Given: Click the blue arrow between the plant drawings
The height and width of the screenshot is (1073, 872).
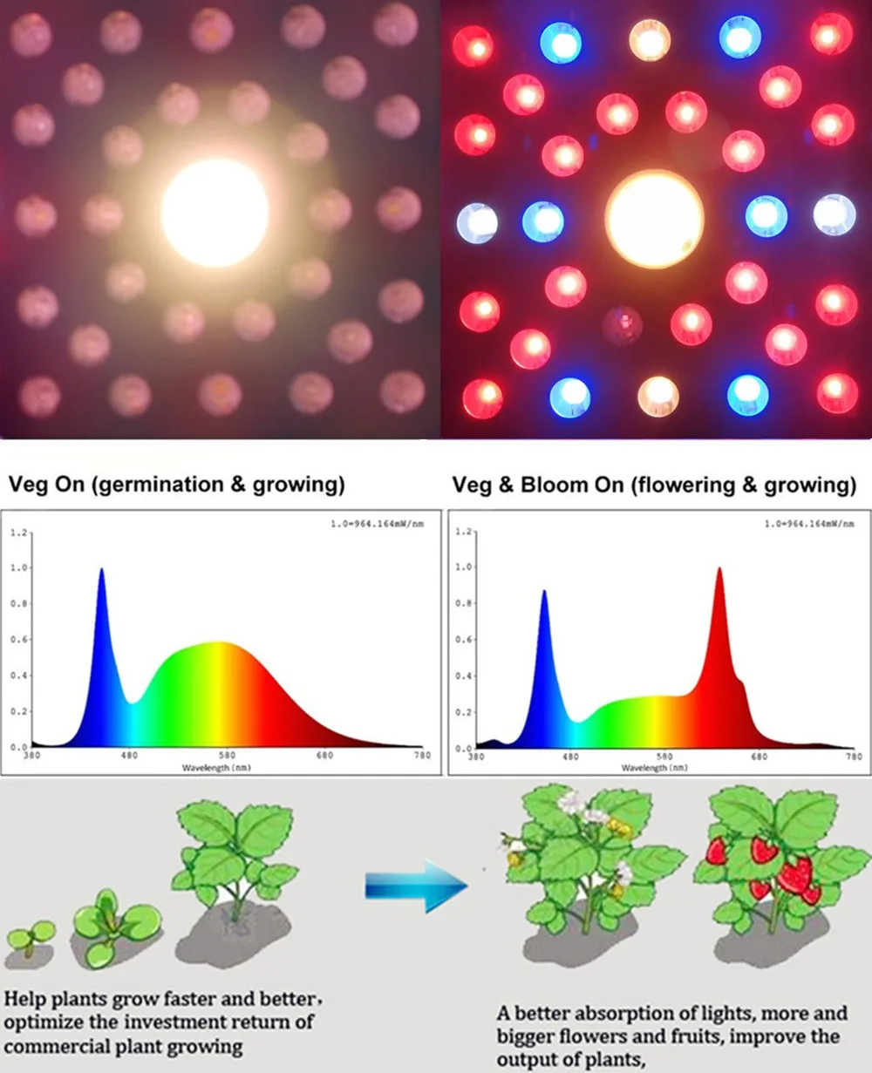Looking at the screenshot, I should coord(416,887).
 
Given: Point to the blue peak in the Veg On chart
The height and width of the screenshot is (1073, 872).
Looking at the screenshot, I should coord(101,572).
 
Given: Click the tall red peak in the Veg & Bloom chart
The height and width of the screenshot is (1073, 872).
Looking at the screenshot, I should coord(719,572).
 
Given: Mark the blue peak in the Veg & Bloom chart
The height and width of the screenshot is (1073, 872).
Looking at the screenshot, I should coord(545,594).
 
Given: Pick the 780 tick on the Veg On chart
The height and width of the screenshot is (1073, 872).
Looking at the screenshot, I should coord(422,756).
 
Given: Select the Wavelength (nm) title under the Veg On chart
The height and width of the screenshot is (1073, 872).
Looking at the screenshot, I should coord(207,768).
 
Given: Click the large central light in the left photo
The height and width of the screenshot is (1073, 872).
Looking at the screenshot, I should coord(215,213).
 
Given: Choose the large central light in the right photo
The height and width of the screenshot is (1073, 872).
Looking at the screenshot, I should coord(654,218).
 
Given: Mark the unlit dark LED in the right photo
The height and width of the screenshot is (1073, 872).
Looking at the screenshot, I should coord(623,324).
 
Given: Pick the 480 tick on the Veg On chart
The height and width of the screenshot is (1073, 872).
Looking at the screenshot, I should coord(129,756).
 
